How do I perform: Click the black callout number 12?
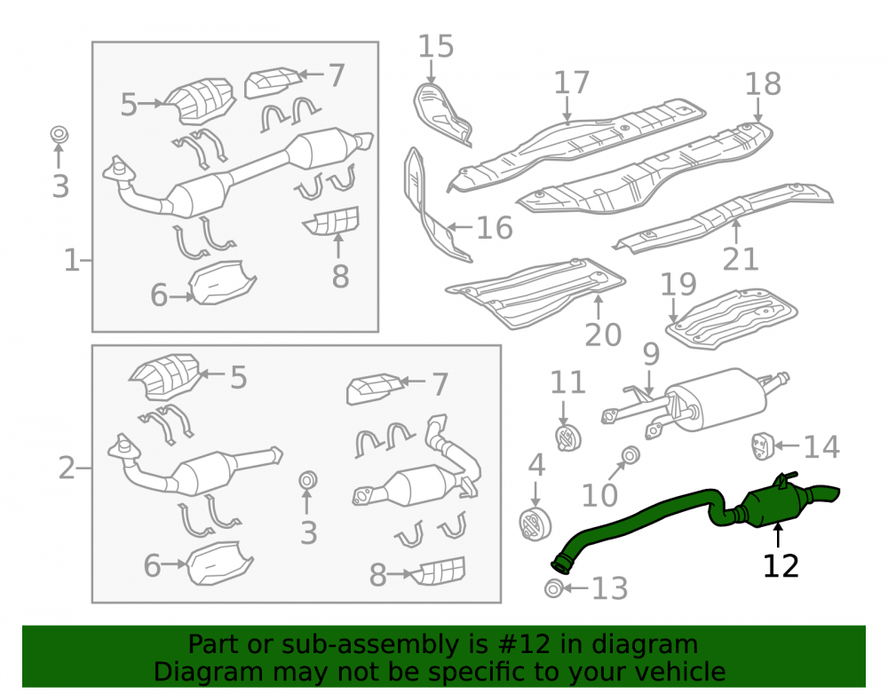[x=781, y=566]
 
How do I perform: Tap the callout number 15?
[x=436, y=46]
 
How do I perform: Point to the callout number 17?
[x=571, y=83]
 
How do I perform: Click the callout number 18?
[x=763, y=83]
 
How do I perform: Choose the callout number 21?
[x=741, y=260]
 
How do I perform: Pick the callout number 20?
[x=603, y=335]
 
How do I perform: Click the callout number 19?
[x=678, y=285]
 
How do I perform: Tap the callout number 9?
[x=651, y=354]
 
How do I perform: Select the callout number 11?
[x=568, y=382]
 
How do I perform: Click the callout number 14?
[x=821, y=447]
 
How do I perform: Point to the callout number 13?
[x=610, y=588]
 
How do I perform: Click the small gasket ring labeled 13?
[x=553, y=588]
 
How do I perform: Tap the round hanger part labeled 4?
[x=535, y=524]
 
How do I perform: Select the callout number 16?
[x=495, y=227]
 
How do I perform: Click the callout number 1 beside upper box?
[x=71, y=261]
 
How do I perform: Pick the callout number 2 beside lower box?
[x=67, y=469]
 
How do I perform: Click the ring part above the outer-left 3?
[x=59, y=135]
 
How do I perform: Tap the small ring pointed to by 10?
[x=630, y=455]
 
